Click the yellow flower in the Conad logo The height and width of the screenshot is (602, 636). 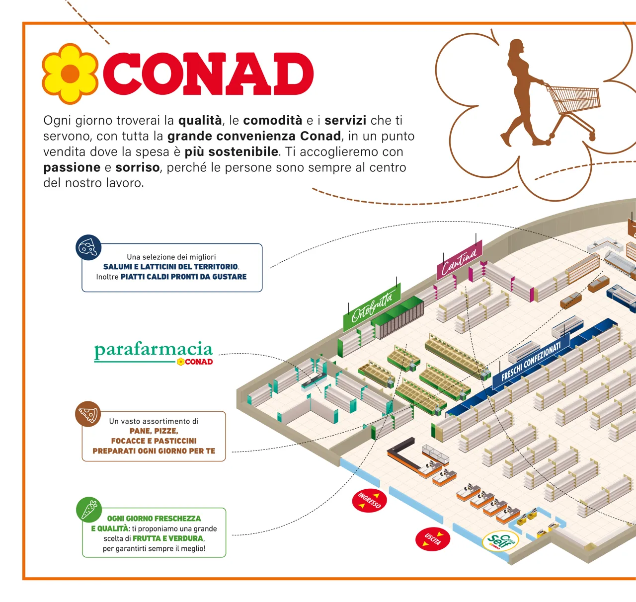(x=71, y=74)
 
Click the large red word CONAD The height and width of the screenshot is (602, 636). (x=208, y=74)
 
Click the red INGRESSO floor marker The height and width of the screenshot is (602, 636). (x=369, y=500)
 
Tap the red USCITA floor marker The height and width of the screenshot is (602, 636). (x=432, y=539)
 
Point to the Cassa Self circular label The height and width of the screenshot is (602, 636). (x=500, y=541)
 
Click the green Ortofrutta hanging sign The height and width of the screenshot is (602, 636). (x=372, y=308)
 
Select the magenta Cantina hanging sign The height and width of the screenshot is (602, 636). (x=459, y=261)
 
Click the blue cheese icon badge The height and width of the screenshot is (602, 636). (x=88, y=247)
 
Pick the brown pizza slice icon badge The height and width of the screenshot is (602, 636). (x=88, y=414)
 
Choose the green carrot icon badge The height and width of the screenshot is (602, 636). (x=88, y=510)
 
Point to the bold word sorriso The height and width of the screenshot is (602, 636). (x=138, y=167)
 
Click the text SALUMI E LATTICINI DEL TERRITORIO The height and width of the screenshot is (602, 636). (x=170, y=267)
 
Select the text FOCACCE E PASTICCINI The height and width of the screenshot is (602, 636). (x=154, y=441)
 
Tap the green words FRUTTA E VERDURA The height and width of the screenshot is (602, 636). (x=168, y=538)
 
